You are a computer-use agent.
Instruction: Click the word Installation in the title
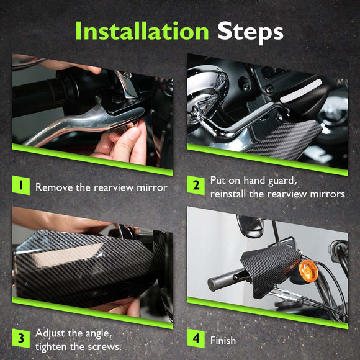pyautogui.click(x=142, y=31)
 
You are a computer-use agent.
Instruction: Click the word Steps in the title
pyautogui.click(x=251, y=33)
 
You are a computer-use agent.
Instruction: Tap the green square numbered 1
pyautogui.click(x=21, y=185)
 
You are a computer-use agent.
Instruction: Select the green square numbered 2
pyautogui.click(x=196, y=185)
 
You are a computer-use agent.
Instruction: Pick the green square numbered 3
pyautogui.click(x=21, y=338)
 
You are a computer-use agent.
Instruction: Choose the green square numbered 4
pyautogui.click(x=196, y=338)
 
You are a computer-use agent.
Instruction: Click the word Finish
pyautogui.click(x=223, y=340)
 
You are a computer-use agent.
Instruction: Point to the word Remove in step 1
pyautogui.click(x=54, y=187)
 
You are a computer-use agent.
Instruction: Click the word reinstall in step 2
pyautogui.click(x=228, y=194)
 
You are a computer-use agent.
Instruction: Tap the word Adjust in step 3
pyautogui.click(x=50, y=333)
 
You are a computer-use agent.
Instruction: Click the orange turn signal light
pyautogui.click(x=308, y=271)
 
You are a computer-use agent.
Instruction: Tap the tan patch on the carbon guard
pyautogui.click(x=66, y=256)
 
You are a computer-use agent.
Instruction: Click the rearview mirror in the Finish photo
pyautogui.click(x=250, y=226)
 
